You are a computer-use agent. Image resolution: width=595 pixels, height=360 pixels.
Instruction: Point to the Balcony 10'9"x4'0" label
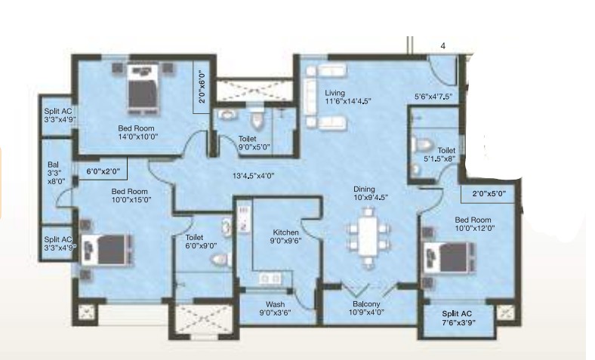point(366,308)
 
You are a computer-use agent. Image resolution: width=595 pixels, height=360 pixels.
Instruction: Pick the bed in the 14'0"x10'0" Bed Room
point(143,89)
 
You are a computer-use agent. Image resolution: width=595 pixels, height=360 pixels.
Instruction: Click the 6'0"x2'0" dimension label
point(103,171)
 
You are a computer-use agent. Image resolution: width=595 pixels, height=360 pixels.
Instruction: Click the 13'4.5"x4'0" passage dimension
point(253,176)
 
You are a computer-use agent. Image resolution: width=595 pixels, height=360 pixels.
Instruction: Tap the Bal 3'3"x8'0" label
point(56,173)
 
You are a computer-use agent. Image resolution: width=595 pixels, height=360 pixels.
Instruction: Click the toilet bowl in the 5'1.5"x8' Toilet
point(422,144)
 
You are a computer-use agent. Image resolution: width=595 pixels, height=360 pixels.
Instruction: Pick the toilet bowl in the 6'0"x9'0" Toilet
point(221,260)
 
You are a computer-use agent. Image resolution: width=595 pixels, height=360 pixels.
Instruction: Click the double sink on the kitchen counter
point(270,278)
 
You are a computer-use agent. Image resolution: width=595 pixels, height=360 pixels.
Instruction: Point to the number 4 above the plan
point(442,46)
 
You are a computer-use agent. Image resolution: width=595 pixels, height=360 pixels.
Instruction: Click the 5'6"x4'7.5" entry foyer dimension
point(433,97)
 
